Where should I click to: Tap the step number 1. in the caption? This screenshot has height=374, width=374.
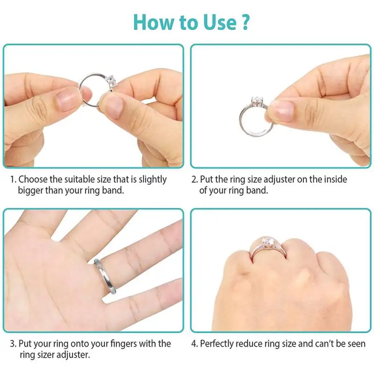[13, 179]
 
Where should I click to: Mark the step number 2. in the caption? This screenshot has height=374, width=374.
[194, 179]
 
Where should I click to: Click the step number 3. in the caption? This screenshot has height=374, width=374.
[13, 344]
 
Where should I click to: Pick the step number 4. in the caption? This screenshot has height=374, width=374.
[194, 344]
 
